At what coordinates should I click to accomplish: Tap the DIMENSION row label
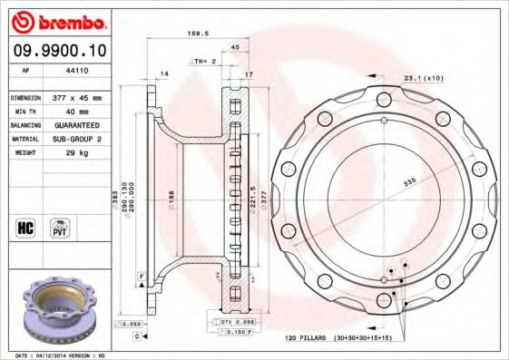click(x=26, y=95)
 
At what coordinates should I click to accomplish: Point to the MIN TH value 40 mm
click(x=77, y=111)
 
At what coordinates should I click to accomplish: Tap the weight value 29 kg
click(x=77, y=154)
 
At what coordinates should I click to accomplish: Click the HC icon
click(x=27, y=226)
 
